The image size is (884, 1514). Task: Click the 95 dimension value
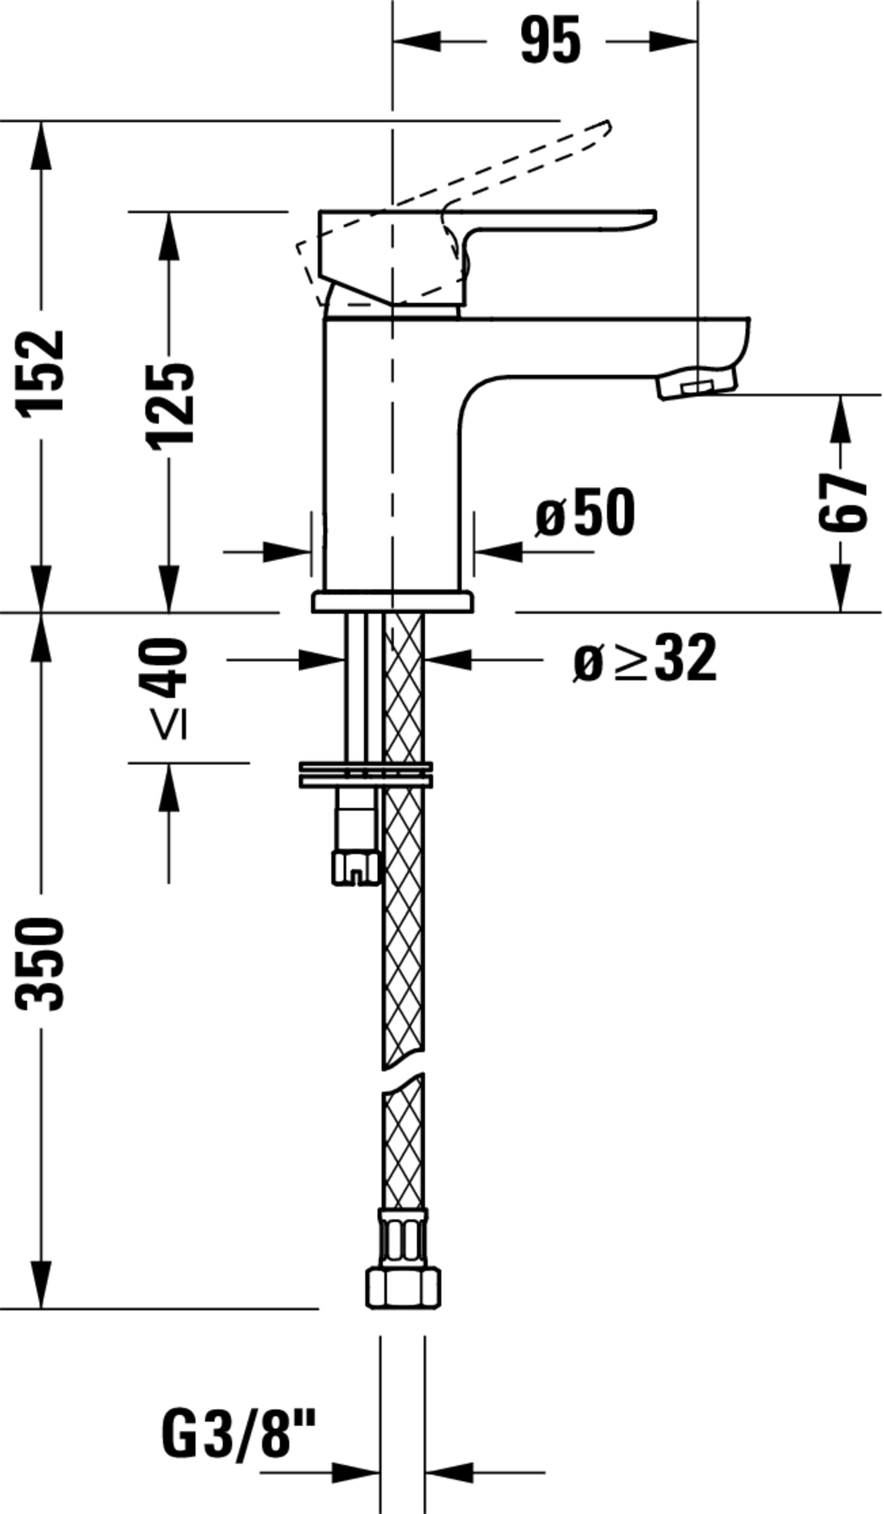coord(550,41)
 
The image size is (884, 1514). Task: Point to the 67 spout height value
coord(842,502)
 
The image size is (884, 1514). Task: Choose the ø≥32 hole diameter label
coord(645,658)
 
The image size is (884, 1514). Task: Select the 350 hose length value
coord(40,964)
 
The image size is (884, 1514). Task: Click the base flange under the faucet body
coord(393,602)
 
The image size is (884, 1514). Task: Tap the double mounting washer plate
coord(366,775)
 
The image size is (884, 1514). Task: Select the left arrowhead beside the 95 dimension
coord(417,41)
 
